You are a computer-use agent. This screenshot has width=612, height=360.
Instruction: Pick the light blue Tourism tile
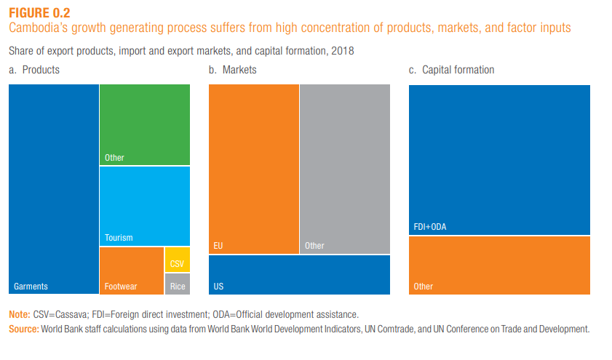tap(145, 206)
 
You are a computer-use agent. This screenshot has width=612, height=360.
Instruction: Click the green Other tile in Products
tap(145, 124)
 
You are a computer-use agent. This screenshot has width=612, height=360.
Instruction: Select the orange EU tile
tap(253, 169)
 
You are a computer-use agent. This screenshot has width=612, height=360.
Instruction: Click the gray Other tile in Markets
tap(344, 169)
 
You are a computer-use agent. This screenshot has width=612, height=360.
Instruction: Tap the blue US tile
tap(299, 274)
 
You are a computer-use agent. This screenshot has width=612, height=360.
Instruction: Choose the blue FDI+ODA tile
tap(499, 160)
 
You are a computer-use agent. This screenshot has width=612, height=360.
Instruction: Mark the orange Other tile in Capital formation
tap(499, 265)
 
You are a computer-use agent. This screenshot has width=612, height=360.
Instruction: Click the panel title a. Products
tap(34, 70)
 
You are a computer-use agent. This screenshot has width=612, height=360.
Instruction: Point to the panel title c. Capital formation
tap(451, 70)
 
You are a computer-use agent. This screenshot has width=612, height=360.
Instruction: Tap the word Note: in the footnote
tap(19, 315)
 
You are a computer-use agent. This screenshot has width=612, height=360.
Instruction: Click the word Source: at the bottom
tap(23, 329)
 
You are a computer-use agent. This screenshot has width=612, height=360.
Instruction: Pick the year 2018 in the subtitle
tap(342, 52)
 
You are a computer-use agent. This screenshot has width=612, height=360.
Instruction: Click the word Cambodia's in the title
tap(36, 28)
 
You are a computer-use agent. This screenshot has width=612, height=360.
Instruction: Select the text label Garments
tap(31, 287)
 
